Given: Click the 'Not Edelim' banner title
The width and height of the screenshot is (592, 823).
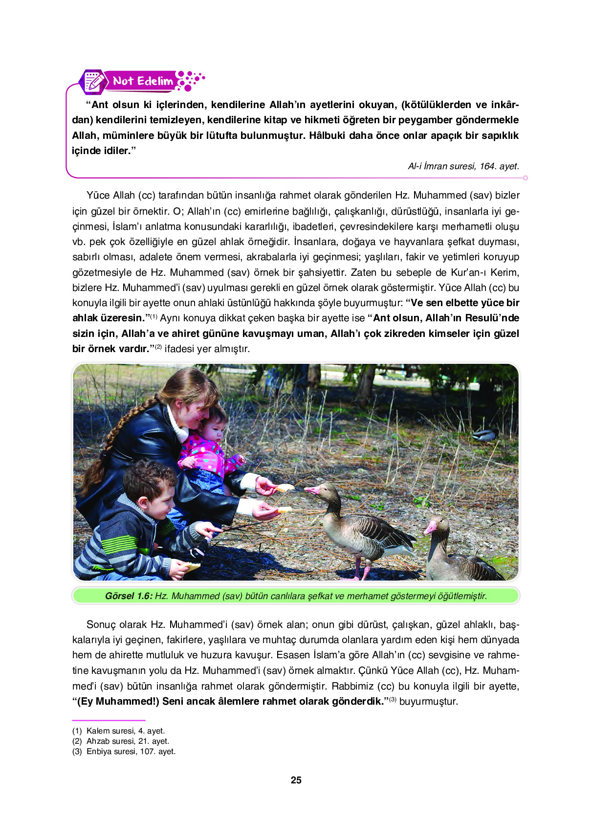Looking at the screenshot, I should pos(142,81).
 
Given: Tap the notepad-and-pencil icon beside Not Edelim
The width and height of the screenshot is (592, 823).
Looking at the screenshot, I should pos(93,82).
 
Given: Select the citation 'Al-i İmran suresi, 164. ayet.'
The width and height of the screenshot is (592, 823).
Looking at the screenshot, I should pos(463,166).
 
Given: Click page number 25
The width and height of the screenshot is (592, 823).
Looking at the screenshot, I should pos(296,780).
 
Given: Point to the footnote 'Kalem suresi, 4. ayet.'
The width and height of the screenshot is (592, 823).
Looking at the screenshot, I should pos(126,731).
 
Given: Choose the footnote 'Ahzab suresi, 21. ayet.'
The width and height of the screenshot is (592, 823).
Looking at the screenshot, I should pos(128,741).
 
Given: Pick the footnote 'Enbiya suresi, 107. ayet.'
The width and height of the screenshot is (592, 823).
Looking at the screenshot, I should pos(131,751).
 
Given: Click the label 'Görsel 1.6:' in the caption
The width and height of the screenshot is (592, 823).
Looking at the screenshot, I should pos(129,596).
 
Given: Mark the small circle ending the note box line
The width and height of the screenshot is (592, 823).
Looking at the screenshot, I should pos(526,178).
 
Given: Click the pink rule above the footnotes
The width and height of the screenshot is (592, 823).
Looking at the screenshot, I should pos(109,720).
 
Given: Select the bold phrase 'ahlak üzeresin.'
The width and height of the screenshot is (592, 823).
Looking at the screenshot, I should pos(108,318).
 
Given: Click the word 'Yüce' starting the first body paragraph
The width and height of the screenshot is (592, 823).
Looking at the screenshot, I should pos(98,195).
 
